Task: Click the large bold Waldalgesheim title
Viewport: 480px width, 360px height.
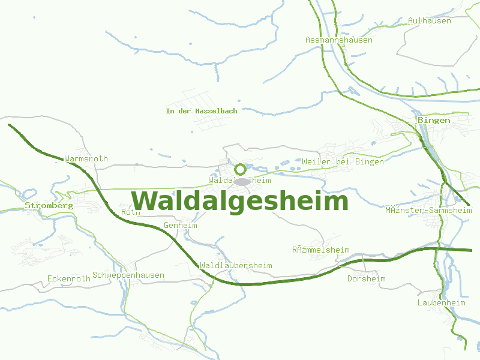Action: tap(239, 201)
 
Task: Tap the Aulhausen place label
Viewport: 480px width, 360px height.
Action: tap(429, 20)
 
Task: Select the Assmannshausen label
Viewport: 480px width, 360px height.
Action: tap(338, 40)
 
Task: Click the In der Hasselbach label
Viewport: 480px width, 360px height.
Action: tap(202, 111)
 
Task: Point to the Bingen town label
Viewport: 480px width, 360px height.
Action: tap(434, 121)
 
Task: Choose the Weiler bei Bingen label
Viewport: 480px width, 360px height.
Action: tap(343, 162)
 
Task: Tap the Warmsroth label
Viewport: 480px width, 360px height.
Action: tap(86, 159)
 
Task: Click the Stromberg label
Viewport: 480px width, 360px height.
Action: tap(49, 205)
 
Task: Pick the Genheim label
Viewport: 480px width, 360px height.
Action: tap(180, 226)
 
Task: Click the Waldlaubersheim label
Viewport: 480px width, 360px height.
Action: tap(236, 266)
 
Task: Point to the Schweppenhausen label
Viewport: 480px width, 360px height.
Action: tap(128, 275)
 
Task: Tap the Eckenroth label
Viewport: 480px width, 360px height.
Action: tap(69, 279)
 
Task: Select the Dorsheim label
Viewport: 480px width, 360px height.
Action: tap(366, 279)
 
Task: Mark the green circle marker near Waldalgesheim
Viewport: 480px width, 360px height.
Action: tap(240, 169)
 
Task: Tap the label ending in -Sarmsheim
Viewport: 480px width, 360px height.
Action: tap(428, 211)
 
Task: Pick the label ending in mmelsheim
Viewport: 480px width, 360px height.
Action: tap(320, 250)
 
